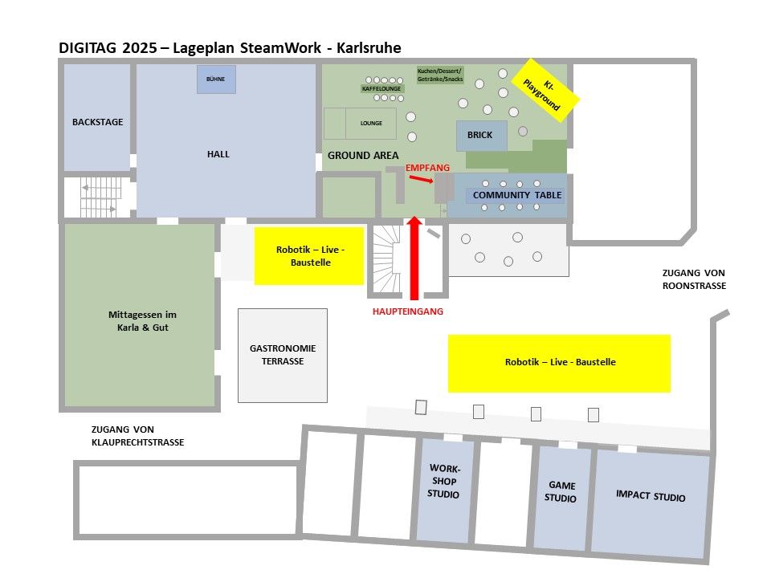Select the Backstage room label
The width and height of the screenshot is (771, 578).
click(97, 122)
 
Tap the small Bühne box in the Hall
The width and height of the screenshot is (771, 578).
click(215, 79)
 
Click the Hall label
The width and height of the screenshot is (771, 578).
click(218, 154)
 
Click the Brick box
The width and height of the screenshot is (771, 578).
click(481, 136)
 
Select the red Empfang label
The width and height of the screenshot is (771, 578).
click(427, 166)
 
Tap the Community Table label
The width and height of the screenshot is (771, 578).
click(517, 195)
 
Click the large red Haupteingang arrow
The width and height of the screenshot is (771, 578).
click(414, 257)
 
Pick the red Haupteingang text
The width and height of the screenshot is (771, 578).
click(407, 311)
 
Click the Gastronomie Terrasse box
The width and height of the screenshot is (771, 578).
click(283, 355)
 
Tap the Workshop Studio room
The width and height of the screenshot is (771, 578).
click(443, 482)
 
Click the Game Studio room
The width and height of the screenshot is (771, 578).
click(561, 491)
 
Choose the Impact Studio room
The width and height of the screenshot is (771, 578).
click(651, 496)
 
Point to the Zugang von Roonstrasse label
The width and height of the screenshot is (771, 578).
click(694, 279)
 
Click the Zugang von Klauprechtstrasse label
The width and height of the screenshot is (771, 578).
click(137, 436)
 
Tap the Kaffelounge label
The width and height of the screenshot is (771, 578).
click(381, 89)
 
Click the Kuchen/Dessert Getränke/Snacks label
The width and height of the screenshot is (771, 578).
click(439, 75)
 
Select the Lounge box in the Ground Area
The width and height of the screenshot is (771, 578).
click(371, 124)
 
